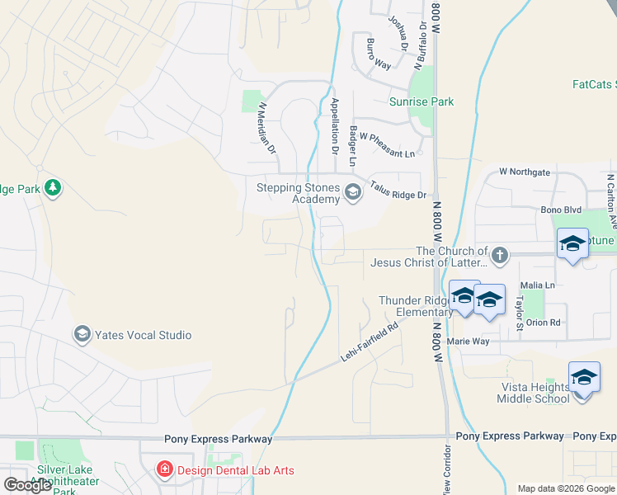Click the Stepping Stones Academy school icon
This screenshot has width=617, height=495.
(x=353, y=192)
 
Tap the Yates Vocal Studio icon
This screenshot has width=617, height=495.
(x=82, y=334)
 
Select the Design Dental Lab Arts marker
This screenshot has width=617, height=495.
(x=164, y=470)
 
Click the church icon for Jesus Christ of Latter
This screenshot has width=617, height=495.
(x=498, y=256)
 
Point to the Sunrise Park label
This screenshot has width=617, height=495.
(x=422, y=102)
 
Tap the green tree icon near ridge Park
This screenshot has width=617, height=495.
(x=54, y=188)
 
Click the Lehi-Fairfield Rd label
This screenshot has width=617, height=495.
(x=370, y=341)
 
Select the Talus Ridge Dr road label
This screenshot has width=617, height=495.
(x=398, y=191)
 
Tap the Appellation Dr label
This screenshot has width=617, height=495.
(x=334, y=126)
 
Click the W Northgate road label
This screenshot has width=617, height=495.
(x=525, y=172)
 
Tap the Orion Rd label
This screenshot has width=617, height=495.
(x=544, y=322)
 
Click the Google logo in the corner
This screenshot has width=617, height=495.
(x=28, y=485)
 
